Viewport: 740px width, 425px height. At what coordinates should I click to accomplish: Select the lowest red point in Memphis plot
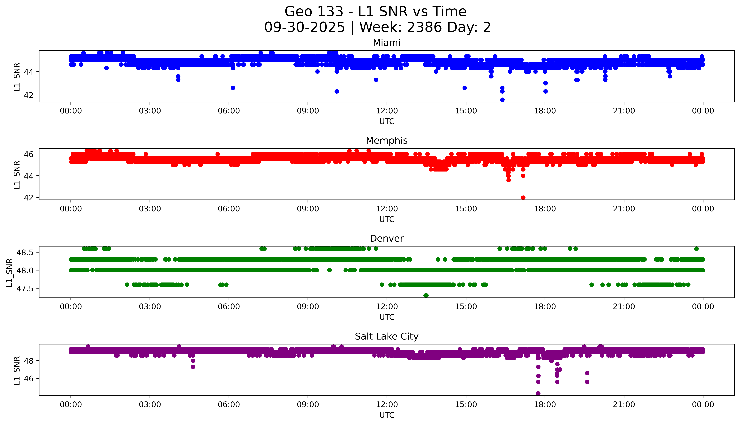pyautogui.click(x=523, y=198)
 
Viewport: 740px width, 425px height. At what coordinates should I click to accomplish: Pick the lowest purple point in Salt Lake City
pyautogui.click(x=538, y=393)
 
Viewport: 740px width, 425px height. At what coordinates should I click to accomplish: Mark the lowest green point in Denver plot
pyautogui.click(x=426, y=295)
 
